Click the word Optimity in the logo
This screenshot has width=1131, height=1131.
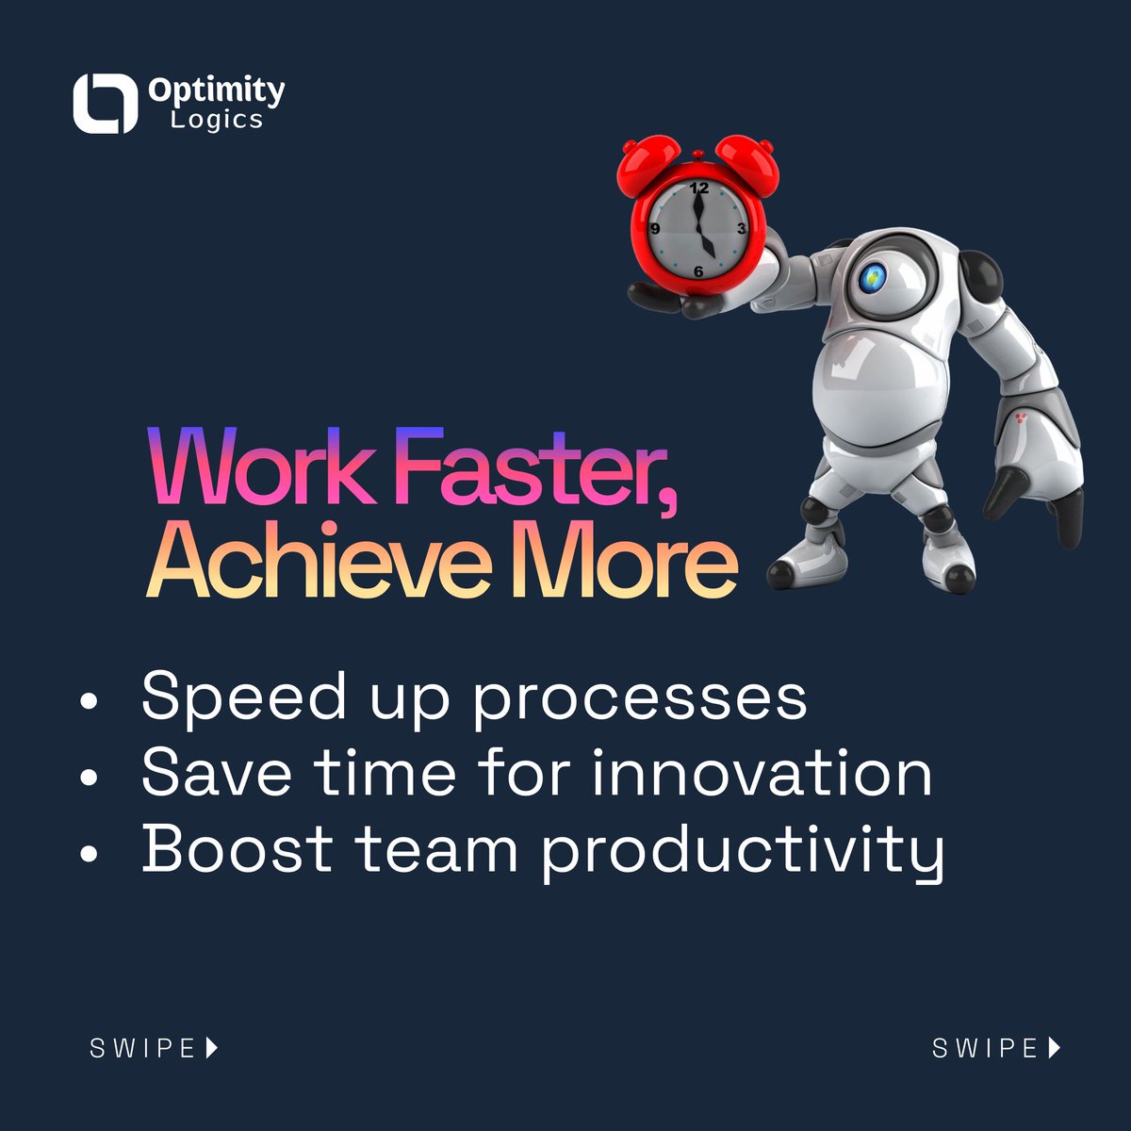(x=216, y=90)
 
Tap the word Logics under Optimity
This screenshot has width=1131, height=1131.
(x=216, y=120)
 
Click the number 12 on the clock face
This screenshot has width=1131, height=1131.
(x=697, y=188)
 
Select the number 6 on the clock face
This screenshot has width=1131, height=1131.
(x=698, y=271)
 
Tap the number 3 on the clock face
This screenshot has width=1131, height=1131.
(x=742, y=229)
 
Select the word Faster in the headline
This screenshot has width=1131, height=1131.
(x=539, y=468)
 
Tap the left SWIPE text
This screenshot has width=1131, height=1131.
(x=142, y=1048)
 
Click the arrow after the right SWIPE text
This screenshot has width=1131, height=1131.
(x=1055, y=1047)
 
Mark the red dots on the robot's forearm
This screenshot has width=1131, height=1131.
(x=1024, y=418)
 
